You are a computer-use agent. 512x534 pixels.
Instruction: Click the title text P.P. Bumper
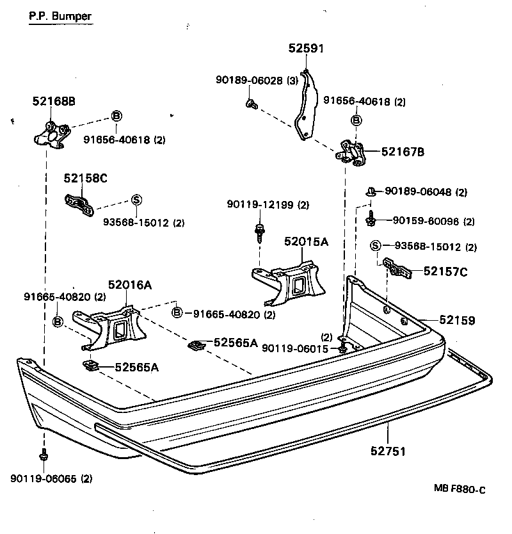tap(61, 17)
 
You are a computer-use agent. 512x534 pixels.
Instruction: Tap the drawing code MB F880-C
tap(460, 490)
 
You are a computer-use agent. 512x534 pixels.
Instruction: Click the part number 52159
tap(457, 320)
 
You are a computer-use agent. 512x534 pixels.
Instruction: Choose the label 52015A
tap(306, 241)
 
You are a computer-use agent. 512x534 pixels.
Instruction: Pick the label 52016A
tap(129, 286)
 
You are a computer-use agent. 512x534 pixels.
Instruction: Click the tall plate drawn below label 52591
tap(307, 106)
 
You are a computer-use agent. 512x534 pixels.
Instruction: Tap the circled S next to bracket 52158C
tap(136, 199)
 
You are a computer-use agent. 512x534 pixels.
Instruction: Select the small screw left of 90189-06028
tap(251, 102)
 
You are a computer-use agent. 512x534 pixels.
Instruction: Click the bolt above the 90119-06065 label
tap(44, 456)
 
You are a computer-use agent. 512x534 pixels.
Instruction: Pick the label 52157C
tap(445, 272)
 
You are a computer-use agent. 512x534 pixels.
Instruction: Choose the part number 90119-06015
tap(298, 349)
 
